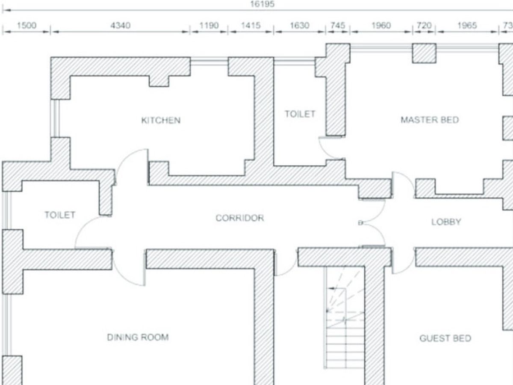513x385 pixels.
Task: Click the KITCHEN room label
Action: click(161, 120)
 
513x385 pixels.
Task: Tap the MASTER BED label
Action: click(430, 120)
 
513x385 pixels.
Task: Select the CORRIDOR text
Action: click(239, 218)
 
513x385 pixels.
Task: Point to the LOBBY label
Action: click(446, 222)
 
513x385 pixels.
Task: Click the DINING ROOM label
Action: click(138, 337)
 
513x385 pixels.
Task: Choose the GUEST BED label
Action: click(445, 338)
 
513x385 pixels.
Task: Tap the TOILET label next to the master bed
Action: click(300, 114)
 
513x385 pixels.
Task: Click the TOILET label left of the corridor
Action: click(60, 215)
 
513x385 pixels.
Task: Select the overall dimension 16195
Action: click(262, 4)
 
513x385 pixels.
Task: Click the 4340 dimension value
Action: click(121, 25)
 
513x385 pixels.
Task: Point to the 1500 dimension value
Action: click(27, 25)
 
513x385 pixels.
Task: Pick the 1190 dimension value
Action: click(209, 25)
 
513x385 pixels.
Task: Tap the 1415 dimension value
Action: click(251, 25)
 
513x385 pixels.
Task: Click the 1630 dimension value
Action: click(300, 25)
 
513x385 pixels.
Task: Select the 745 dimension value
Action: click(338, 25)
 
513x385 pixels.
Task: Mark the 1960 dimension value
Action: click(381, 25)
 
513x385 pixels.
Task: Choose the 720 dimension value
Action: click(424, 25)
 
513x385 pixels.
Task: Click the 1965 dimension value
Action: click(467, 25)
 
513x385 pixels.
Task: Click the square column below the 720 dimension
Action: click(424, 53)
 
